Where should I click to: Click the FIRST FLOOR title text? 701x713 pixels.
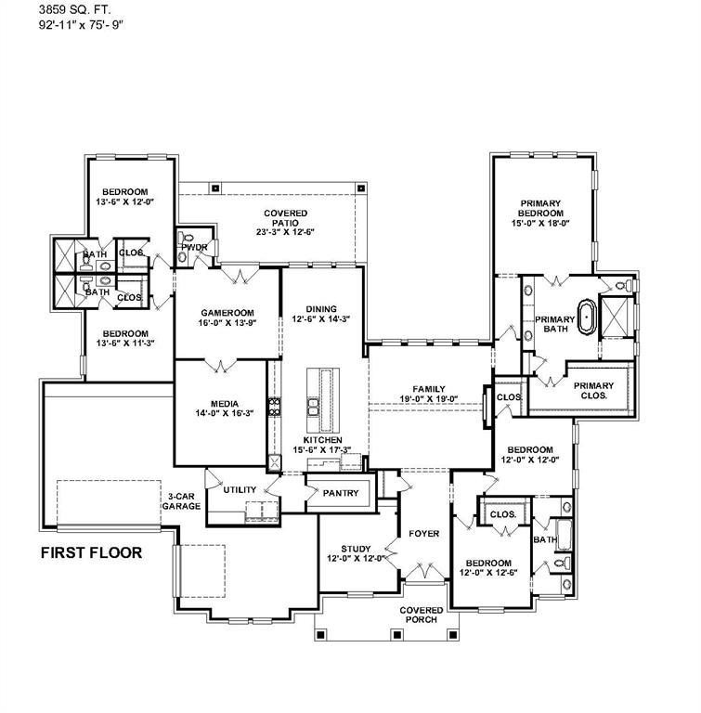(90, 553)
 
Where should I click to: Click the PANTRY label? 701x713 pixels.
(340, 494)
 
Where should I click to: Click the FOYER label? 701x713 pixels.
(424, 534)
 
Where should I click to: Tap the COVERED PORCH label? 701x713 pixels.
(422, 615)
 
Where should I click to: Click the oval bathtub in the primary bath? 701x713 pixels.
(587, 316)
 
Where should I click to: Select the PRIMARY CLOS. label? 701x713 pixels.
(593, 390)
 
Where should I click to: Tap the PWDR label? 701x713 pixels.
(193, 248)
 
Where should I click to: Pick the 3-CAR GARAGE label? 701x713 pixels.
(182, 501)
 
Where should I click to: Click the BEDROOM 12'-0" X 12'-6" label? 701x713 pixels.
(488, 567)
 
